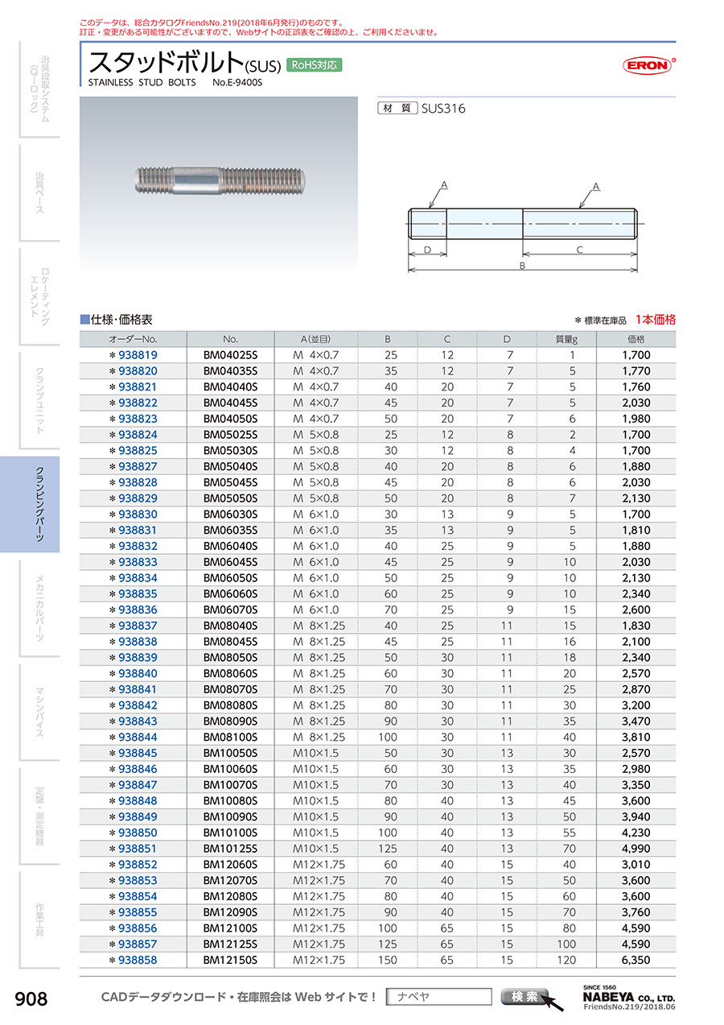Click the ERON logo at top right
648,66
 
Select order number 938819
137,355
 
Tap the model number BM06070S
230,610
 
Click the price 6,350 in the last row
636,960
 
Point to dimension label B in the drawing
522,266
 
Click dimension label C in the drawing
579,250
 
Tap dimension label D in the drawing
427,250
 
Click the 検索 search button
525,997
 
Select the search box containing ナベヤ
438,997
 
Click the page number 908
31,999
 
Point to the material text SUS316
443,109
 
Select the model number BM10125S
230,848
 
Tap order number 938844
137,737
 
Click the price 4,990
636,848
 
